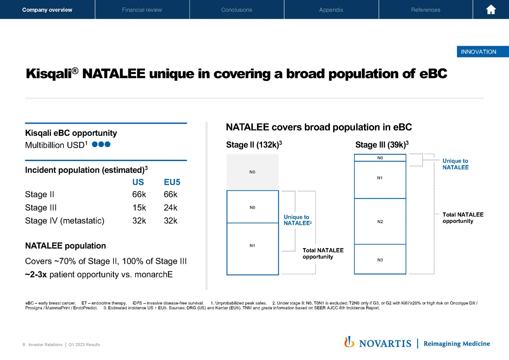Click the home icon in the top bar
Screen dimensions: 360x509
tap(491, 10)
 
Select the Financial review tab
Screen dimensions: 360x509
tap(142, 10)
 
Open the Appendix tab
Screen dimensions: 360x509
tap(331, 10)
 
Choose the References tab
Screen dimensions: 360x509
tap(425, 10)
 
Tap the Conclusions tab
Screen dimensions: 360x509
tap(236, 10)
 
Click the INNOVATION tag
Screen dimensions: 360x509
tap(478, 52)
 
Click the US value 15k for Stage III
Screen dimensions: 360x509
tap(139, 208)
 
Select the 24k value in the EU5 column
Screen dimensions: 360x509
tap(171, 208)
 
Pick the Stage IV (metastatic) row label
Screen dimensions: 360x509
tap(65, 221)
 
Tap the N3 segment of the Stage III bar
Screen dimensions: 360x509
tap(380, 260)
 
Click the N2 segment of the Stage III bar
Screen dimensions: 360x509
tap(380, 222)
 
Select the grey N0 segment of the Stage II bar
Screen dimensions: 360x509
tap(252, 172)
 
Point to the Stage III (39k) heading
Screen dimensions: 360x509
tap(382, 145)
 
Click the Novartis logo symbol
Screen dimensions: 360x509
tap(349, 343)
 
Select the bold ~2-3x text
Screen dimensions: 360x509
tap(36, 275)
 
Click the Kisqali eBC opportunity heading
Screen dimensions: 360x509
tap(71, 133)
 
